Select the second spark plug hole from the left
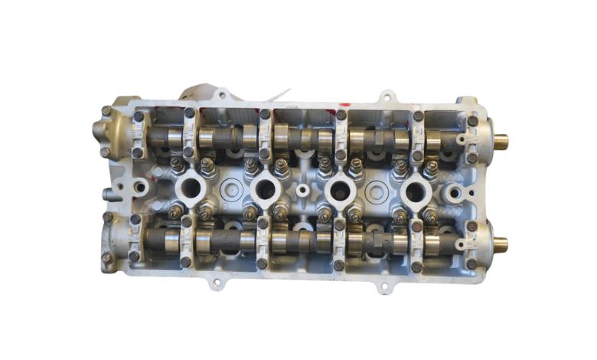pos(263,188)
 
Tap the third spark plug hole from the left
pos(338,188)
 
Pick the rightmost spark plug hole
pos(413,189)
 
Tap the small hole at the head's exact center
pos(303,188)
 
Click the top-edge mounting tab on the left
pos(221,96)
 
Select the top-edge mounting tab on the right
pos(387,97)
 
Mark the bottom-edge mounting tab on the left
pos(217,283)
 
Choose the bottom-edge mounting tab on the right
pos(383,287)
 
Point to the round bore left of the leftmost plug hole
pos(142,186)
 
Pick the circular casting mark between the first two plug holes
pos(227,188)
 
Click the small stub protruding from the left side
pos(110,196)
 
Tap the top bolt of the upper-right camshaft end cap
pos(472,121)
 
